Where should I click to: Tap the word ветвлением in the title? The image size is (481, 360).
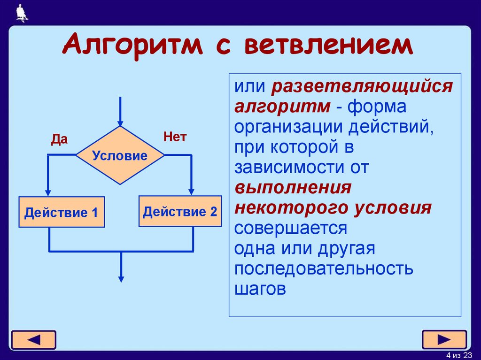coord(327,46)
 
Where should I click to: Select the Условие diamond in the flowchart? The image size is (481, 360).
coord(120,155)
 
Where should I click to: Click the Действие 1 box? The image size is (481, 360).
coord(62,213)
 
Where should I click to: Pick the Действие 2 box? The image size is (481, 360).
coord(180,211)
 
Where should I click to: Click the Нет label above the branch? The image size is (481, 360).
coord(175,137)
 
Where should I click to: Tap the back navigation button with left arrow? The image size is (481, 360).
coord(33,339)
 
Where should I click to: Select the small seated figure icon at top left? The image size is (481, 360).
coord(22,13)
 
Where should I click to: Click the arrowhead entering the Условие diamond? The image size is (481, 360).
coord(121,123)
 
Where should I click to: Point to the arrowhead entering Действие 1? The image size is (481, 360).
coord(48,192)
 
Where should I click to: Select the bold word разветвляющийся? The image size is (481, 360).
coord(361,87)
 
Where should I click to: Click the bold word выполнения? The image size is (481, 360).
coord(293,188)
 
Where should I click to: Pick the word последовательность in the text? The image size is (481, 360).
coord(324,269)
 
